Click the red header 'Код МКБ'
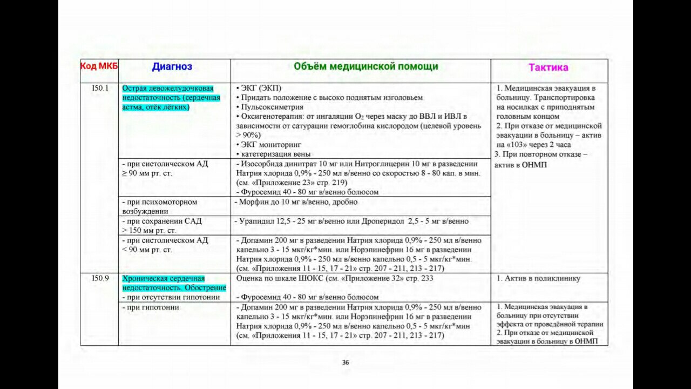coord(99,66)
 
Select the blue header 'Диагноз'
coord(172,67)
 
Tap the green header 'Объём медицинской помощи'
coord(365,66)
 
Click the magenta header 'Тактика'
coord(548,68)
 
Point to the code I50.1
coord(100,88)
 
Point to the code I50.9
coord(100,278)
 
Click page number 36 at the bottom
coord(345,363)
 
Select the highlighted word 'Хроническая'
coord(142,278)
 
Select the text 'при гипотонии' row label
coord(151,307)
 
